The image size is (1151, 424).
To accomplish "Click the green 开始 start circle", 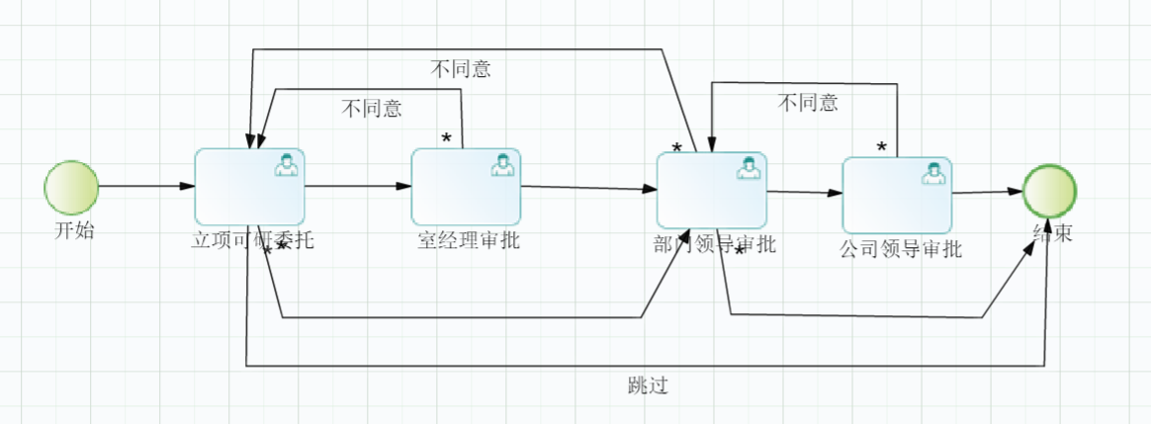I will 71,187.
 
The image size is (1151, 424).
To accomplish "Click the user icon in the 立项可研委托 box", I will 287,164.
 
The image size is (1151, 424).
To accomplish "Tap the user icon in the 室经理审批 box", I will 503,164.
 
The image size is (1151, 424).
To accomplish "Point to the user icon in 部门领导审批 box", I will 749,168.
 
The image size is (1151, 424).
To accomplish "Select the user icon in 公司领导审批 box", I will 932,173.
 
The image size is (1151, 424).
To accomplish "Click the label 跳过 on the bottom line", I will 648,384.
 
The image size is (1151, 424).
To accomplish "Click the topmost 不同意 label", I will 461,69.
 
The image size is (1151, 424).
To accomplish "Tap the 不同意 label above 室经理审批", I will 372,109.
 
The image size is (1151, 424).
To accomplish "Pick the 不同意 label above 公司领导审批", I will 808,103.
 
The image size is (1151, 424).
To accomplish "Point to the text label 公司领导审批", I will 900,249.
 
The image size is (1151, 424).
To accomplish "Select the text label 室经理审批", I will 468,241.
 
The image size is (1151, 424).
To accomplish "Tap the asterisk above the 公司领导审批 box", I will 881,147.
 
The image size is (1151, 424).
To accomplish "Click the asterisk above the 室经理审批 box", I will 446,138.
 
